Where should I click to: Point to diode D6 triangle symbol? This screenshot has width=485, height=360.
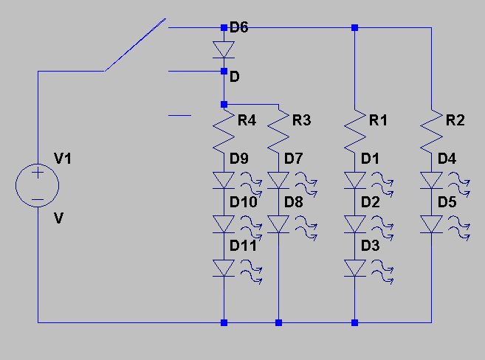(224, 49)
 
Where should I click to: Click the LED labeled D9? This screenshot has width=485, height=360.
(224, 180)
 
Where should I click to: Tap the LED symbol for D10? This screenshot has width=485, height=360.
(224, 224)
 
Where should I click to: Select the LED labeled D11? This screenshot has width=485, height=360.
(224, 268)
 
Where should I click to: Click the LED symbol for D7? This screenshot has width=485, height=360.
(278, 180)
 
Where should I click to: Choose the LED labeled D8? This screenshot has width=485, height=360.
(278, 224)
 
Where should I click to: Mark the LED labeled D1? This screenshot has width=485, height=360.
(355, 180)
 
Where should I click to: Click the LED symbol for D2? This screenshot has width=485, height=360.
(355, 224)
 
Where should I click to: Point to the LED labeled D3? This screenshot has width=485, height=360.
(355, 268)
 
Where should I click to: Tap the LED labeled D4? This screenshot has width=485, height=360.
(431, 180)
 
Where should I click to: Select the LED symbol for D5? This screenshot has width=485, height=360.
(431, 224)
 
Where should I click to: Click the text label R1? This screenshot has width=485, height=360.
(379, 120)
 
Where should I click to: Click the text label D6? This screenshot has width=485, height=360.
(239, 28)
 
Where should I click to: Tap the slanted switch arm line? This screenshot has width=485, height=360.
(134, 46)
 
